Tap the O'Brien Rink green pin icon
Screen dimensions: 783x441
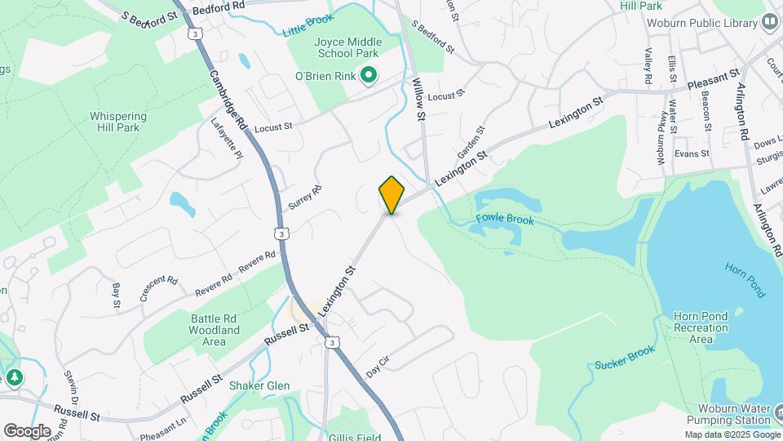pos(369,77)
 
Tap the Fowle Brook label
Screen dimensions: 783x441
pos(505,220)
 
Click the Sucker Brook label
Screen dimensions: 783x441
pos(625,357)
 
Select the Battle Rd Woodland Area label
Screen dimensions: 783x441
pos(204,330)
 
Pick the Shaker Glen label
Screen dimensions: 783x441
pos(259,385)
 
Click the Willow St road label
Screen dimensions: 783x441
pos(420,100)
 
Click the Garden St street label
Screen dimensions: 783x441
pos(471,142)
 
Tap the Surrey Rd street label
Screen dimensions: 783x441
pos(311,198)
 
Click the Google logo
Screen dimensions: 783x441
pos(27,430)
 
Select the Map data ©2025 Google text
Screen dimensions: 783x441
pos(732,434)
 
